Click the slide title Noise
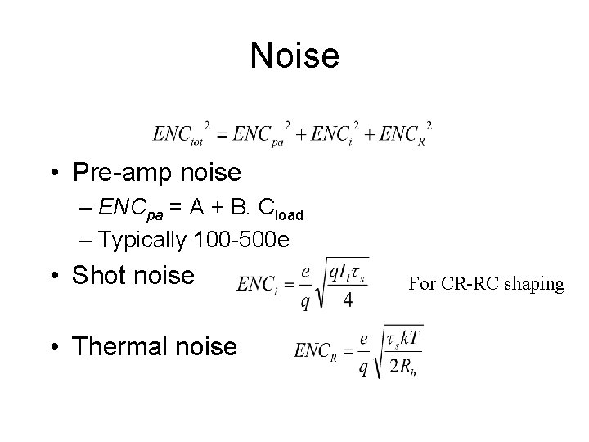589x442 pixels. [x=294, y=56]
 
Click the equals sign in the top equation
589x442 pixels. [x=221, y=133]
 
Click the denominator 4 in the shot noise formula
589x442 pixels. [x=348, y=300]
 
